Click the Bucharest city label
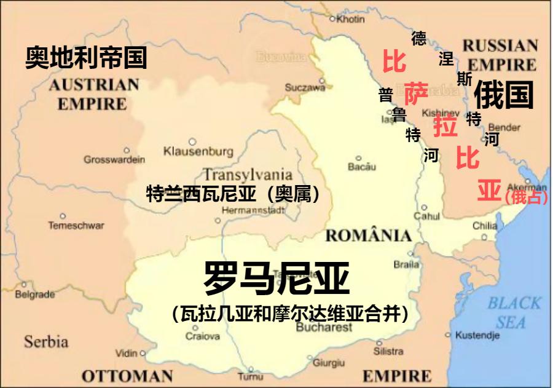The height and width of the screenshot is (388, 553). (x=324, y=328)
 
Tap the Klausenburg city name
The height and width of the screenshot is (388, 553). (x=198, y=151)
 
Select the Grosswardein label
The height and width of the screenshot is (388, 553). (x=114, y=160)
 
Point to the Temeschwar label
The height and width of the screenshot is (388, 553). (x=76, y=226)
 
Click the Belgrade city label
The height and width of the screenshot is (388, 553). (x=35, y=295)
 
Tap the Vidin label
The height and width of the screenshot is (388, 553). (x=127, y=354)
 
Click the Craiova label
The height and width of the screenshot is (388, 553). (x=202, y=336)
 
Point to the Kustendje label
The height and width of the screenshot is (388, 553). (x=477, y=336)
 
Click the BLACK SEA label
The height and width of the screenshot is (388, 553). (x=514, y=312)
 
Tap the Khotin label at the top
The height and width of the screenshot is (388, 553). (x=350, y=19)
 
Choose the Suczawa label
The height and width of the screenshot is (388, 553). (x=305, y=88)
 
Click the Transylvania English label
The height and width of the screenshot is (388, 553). (x=247, y=175)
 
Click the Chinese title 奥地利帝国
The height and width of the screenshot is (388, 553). (x=86, y=58)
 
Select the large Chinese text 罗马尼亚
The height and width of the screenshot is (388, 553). (x=276, y=279)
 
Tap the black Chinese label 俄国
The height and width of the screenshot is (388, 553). (x=503, y=95)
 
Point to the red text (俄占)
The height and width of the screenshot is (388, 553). (x=525, y=197)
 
